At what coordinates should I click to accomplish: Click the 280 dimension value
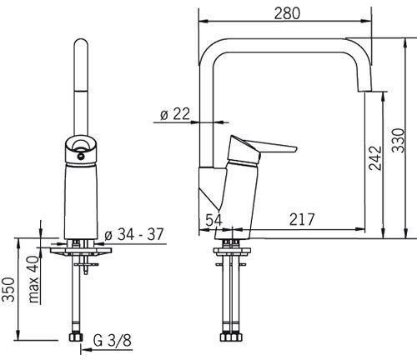287,13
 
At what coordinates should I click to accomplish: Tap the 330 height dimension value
398,140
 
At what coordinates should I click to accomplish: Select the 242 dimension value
375,157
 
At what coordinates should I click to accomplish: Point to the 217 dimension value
302,219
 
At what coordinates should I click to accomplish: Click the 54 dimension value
214,220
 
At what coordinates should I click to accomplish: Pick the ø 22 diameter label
175,114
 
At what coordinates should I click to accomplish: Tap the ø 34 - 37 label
134,234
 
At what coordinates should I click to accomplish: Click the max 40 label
34,279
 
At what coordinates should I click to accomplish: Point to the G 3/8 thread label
113,341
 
